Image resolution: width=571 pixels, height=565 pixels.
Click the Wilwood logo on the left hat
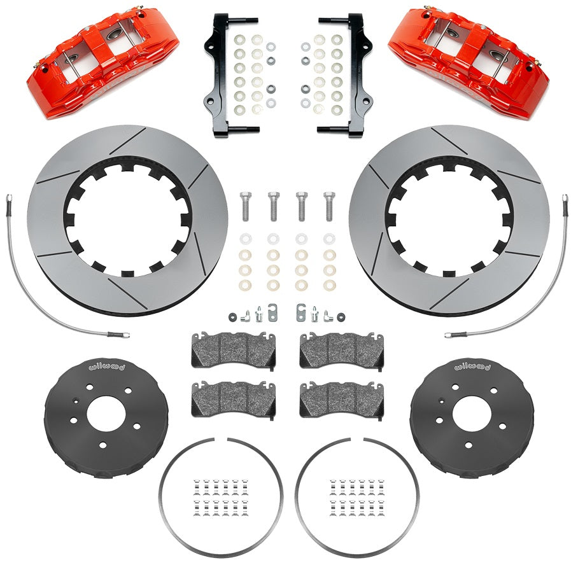pyautogui.click(x=88, y=368)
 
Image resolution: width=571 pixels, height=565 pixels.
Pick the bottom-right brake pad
pyautogui.click(x=341, y=398)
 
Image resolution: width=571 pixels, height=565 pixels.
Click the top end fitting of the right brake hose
pyautogui.click(x=564, y=202)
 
